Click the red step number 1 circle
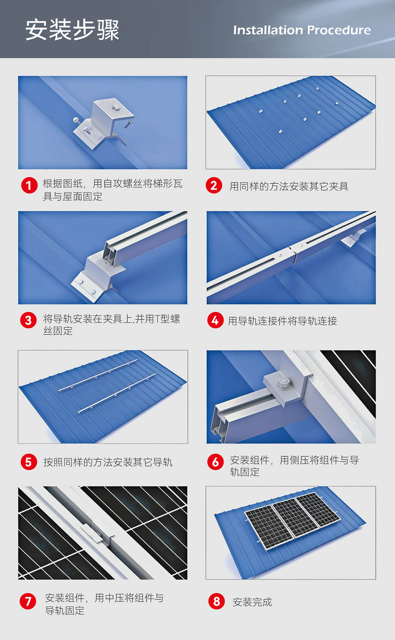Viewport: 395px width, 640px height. tap(29, 185)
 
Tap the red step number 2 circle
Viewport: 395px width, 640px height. tap(214, 185)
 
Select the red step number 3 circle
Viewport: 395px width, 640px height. tap(28, 320)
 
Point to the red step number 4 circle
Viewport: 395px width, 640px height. tap(215, 320)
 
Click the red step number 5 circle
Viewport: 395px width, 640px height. tap(29, 462)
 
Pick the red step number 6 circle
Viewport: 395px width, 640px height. tap(216, 462)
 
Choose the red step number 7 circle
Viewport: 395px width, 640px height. tap(28, 601)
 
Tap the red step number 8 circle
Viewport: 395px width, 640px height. tap(217, 601)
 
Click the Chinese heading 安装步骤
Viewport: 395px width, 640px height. tap(72, 30)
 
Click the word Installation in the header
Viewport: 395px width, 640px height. tap(268, 30)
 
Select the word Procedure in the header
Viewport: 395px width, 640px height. tap(339, 30)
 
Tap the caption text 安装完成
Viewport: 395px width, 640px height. tap(252, 602)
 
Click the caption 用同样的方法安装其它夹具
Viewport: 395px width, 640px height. tap(289, 186)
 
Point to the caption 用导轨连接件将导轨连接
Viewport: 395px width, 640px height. tap(282, 321)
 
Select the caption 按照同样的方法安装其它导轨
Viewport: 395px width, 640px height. tap(108, 462)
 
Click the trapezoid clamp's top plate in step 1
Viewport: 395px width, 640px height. tap(114, 109)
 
